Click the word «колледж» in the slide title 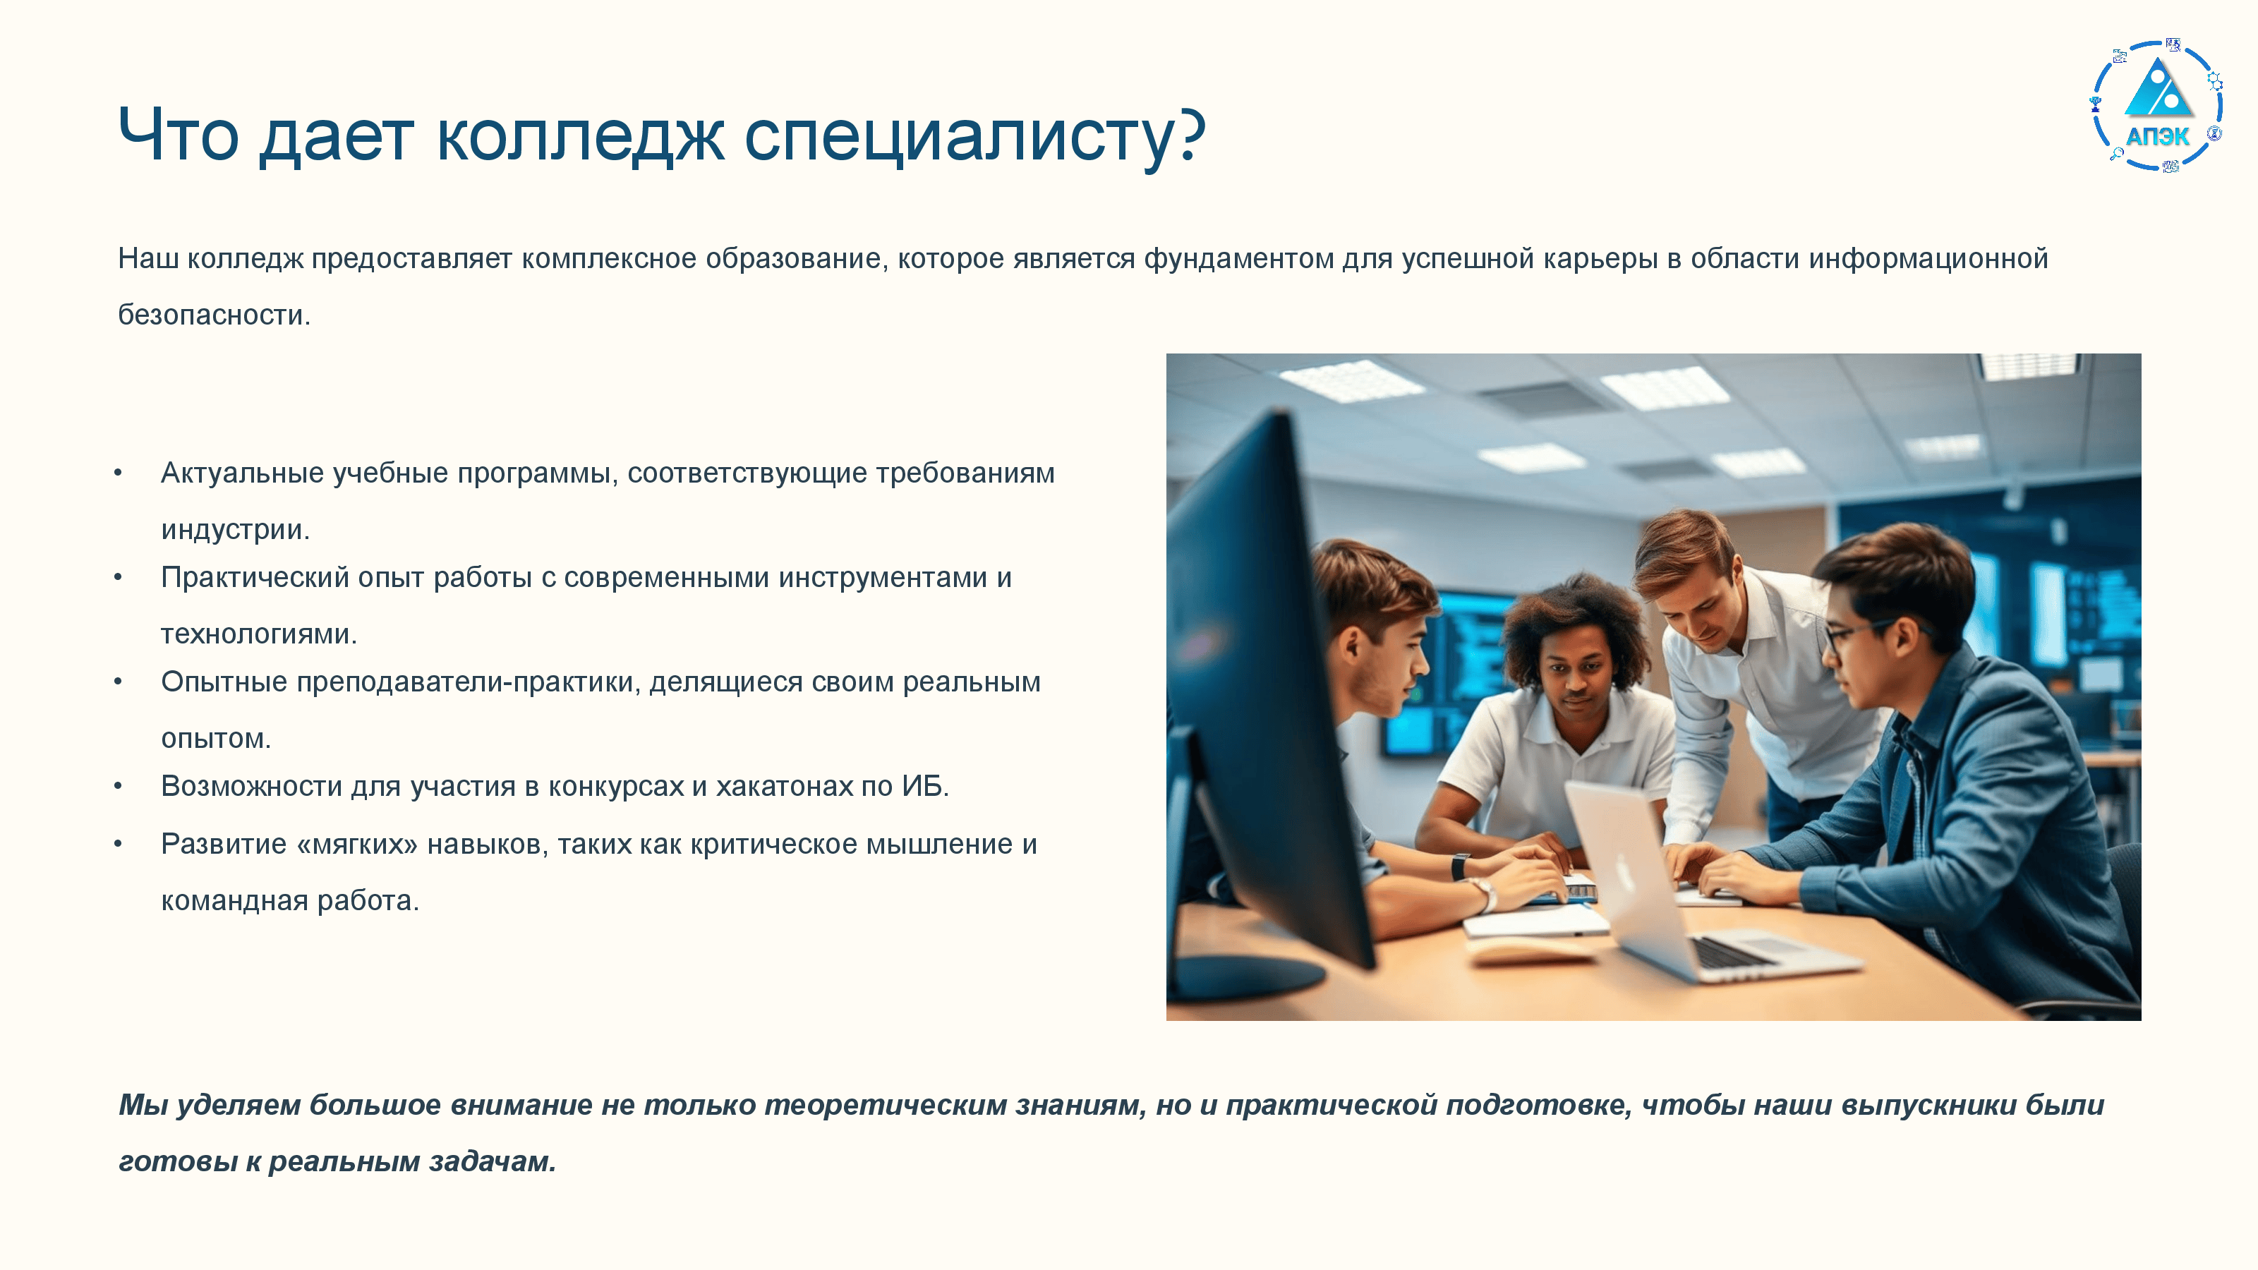click(x=580, y=136)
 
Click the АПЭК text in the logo click(x=2157, y=137)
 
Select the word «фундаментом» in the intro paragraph click(x=1238, y=258)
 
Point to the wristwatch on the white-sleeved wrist click(x=1483, y=894)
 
